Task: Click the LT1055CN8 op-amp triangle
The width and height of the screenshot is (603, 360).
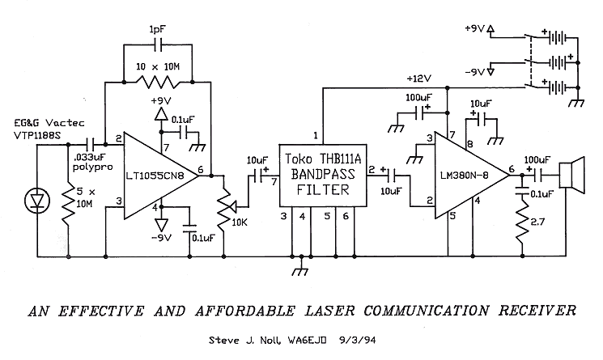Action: (159, 176)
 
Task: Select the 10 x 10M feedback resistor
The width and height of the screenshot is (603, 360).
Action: (158, 81)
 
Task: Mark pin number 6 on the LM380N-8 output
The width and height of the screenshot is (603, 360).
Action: (511, 169)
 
